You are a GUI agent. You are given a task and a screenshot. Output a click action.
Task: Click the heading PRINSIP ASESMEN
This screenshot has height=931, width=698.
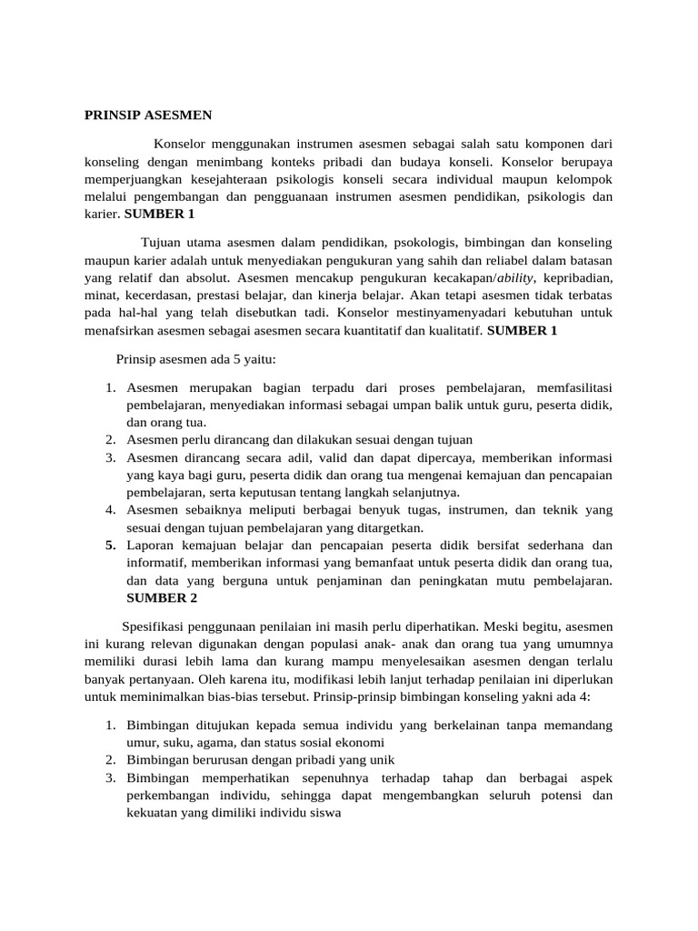coord(147,115)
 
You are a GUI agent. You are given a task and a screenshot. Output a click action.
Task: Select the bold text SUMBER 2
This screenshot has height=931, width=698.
coord(162,597)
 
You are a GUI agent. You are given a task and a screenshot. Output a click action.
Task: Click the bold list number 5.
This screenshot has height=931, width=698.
coord(110,546)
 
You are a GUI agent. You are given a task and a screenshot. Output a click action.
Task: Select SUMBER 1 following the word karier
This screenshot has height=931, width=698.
coord(159,214)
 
